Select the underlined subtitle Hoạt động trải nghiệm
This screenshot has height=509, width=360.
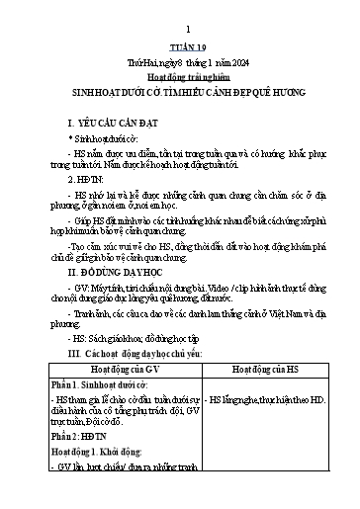point(180,77)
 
